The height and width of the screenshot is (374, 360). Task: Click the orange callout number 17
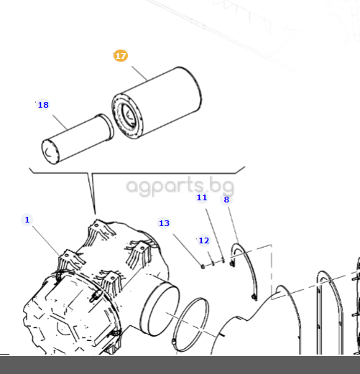[121, 56]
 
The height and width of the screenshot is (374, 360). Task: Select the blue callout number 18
[43, 105]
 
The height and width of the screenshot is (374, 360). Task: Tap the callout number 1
[27, 220]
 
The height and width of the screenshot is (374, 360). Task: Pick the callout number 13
[164, 223]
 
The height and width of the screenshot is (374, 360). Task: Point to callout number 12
[204, 240]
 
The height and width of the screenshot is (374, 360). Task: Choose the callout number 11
[202, 197]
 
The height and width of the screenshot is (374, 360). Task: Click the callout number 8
[226, 200]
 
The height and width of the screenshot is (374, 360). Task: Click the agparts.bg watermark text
[180, 187]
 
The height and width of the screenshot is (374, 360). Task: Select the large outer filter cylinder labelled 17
[157, 103]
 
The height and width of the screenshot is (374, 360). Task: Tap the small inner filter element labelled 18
[77, 139]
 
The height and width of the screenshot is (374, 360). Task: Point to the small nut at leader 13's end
[203, 266]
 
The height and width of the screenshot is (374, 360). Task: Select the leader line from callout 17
[139, 74]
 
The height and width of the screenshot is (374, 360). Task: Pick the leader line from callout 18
[60, 123]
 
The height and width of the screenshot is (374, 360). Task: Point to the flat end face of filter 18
[50, 151]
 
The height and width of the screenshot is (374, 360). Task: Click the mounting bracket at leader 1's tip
[70, 260]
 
